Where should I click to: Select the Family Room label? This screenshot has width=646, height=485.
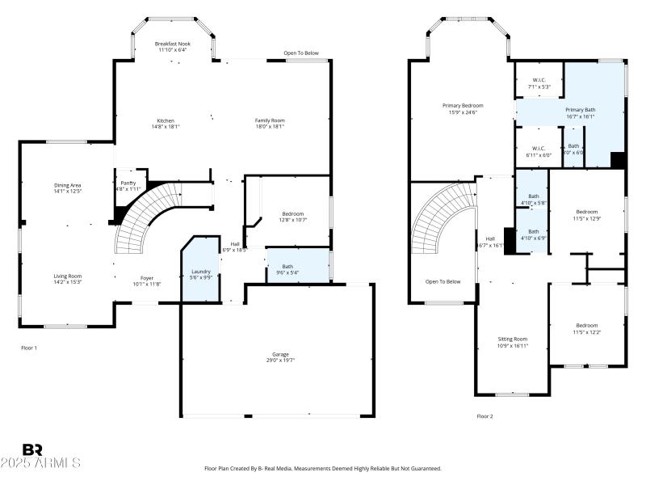pos(270,120)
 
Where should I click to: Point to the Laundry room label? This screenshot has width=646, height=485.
pos(200,271)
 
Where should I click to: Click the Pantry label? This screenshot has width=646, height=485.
pos(128,183)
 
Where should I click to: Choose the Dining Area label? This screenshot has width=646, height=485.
pos(67,185)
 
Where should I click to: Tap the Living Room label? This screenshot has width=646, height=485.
pos(67,276)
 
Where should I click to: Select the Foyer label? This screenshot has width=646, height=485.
pos(147,278)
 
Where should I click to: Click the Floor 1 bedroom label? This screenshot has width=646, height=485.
pos(292,213)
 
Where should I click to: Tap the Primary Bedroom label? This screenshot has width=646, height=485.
pos(463,106)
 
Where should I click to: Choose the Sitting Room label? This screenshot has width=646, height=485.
pos(512,339)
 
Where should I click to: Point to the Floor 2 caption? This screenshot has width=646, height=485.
pos(484,416)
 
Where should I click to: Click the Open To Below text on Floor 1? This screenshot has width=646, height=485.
pos(300,53)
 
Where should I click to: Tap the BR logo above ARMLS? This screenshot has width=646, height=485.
pos(32,449)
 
